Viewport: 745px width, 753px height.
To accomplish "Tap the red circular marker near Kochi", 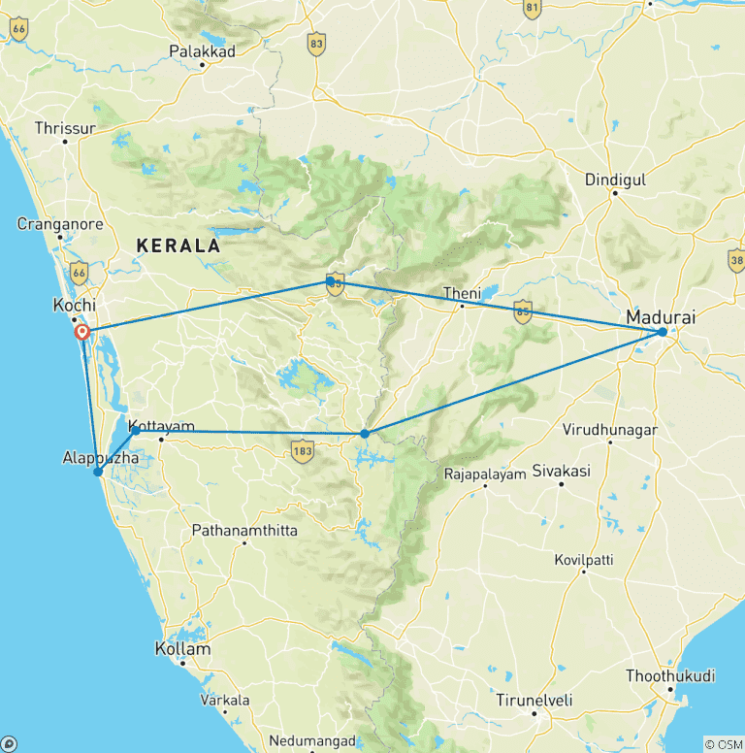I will [82, 333].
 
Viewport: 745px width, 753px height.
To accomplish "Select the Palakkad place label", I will [201, 49].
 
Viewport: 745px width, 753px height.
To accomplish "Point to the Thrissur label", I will [65, 127].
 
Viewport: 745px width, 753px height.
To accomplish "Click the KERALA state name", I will [178, 246].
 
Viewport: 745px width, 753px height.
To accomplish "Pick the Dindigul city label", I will [615, 179].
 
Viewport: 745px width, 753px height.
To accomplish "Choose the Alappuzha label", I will [94, 456].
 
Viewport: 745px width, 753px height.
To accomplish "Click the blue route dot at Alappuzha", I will [98, 473].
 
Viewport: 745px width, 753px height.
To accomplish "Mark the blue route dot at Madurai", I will [662, 332].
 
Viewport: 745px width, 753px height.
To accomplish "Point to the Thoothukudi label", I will [670, 674].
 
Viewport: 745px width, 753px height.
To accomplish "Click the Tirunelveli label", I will [534, 700].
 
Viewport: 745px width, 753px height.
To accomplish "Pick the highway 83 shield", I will [315, 43].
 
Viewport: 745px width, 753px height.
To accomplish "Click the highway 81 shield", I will [532, 8].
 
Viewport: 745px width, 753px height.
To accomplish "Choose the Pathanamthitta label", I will [244, 530].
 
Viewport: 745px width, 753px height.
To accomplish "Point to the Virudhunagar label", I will [610, 429].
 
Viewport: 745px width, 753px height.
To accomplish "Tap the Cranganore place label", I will [59, 224].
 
